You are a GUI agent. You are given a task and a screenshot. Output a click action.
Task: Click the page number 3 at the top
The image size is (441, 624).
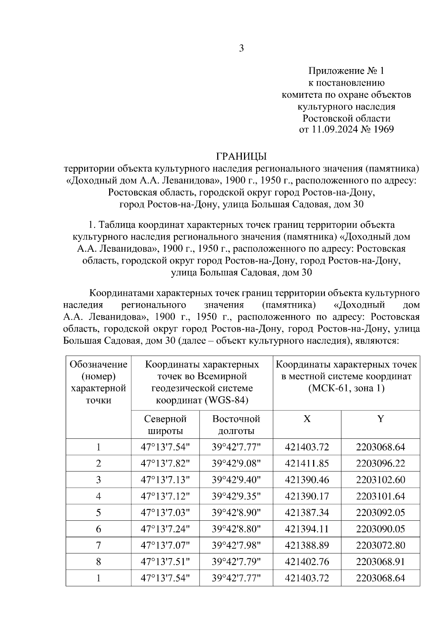[241, 49]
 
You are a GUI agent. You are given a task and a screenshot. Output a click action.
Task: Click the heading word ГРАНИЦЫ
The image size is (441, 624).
[241, 157]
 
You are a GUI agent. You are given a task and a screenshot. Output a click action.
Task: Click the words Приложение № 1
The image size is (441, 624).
[346, 71]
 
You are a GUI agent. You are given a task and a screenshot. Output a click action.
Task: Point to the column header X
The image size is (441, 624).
[307, 419]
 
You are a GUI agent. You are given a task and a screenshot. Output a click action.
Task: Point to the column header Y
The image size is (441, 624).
[380, 419]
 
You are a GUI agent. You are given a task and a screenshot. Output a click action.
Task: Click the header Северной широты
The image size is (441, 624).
[165, 424]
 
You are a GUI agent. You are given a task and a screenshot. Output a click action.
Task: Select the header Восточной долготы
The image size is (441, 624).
[236, 424]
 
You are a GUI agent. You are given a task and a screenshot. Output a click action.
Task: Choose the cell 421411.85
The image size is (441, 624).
[307, 463]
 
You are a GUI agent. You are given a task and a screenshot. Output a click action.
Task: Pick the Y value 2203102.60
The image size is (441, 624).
[380, 480]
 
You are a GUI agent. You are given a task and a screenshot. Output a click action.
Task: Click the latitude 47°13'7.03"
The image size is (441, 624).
[165, 513]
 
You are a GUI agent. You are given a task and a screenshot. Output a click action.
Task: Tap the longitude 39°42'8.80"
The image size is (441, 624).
[236, 529]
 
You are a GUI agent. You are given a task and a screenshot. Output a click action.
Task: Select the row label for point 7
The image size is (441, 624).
[98, 545]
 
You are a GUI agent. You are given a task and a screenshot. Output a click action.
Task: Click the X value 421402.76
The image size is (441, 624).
[307, 562]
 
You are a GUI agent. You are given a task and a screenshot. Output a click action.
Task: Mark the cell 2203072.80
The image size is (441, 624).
[380, 545]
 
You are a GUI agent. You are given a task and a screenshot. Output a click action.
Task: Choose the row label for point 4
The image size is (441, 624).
[98, 496]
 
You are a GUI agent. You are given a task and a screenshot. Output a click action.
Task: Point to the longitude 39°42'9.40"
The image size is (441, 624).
[236, 480]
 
